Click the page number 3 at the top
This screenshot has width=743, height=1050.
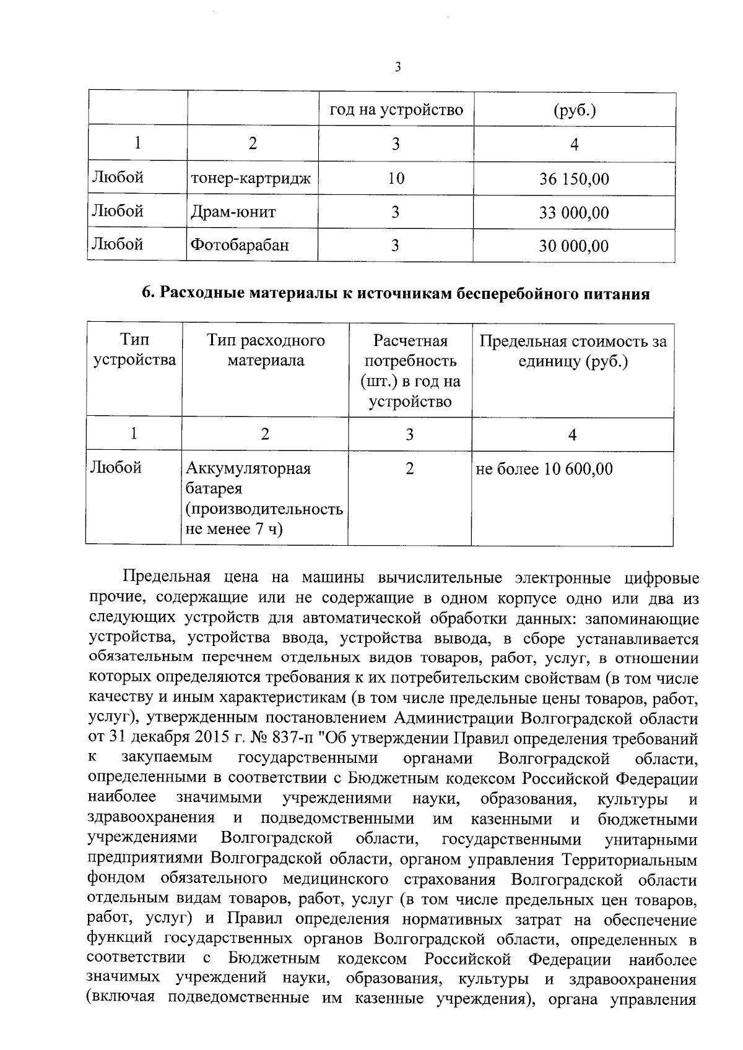click(397, 67)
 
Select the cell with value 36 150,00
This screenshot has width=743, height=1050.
click(573, 179)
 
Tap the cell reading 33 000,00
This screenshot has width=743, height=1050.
click(573, 213)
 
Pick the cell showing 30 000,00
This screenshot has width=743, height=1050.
click(573, 246)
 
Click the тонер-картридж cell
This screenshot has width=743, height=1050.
click(251, 179)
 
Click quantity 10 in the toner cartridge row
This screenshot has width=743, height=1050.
click(396, 179)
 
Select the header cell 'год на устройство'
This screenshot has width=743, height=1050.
click(396, 110)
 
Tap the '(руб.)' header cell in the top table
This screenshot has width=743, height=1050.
click(574, 110)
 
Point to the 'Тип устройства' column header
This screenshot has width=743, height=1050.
click(134, 350)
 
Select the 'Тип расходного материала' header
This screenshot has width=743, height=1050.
click(266, 350)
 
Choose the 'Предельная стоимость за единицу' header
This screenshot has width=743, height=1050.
click(573, 351)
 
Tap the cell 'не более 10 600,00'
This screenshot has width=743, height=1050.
click(544, 469)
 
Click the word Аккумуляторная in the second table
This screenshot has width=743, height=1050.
click(248, 468)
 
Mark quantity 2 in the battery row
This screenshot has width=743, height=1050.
click(409, 468)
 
